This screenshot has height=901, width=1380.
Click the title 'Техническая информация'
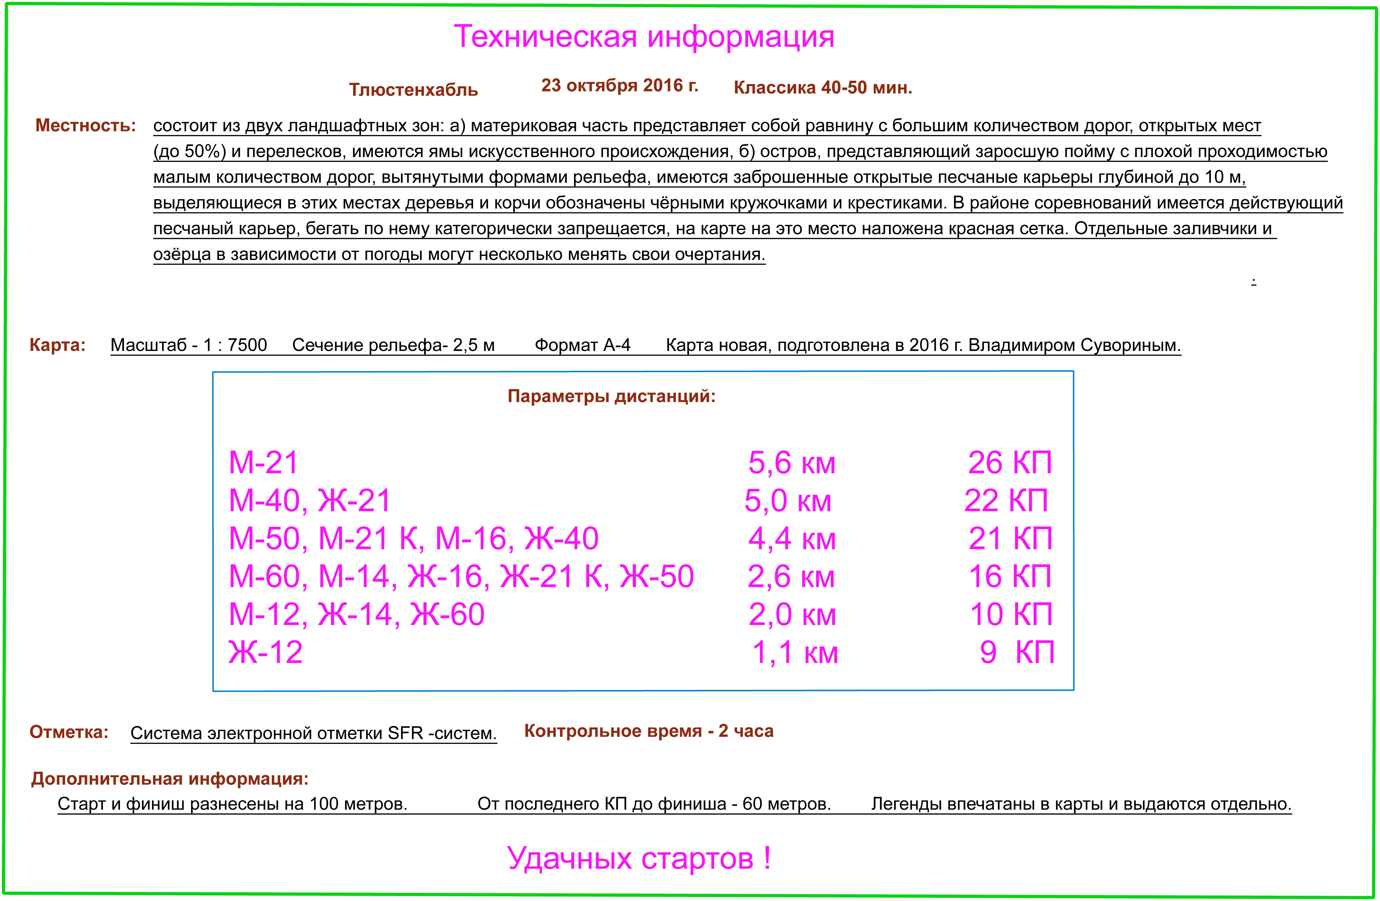[644, 37]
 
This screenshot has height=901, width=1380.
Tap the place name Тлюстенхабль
[413, 90]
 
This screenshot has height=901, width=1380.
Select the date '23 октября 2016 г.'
[619, 86]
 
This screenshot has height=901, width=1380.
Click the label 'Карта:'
[57, 345]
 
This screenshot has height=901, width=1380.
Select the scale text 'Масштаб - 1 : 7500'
[189, 345]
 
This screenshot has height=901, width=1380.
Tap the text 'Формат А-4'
[582, 345]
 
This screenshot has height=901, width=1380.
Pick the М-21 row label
[263, 463]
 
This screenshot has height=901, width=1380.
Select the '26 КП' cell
[1010, 463]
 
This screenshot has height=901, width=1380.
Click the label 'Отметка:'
[69, 732]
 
